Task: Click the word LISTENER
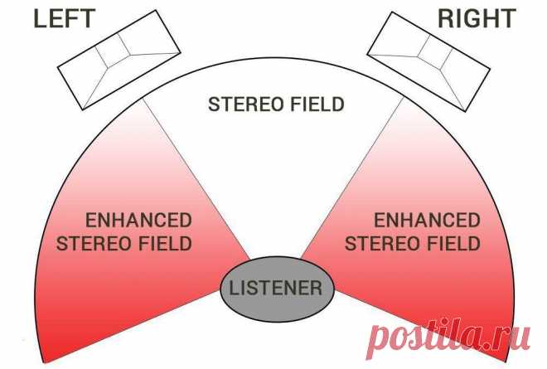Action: pos(276,289)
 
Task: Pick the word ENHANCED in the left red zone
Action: pos(139,221)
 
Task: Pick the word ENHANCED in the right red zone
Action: pos(427,221)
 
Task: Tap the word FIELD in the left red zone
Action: pos(170,244)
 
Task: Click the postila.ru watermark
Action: pos(449,336)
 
